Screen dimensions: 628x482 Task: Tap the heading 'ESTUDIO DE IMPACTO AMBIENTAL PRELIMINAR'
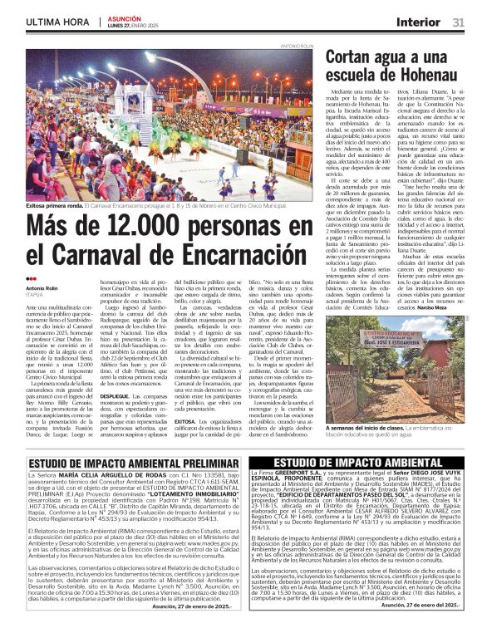(118, 464)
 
